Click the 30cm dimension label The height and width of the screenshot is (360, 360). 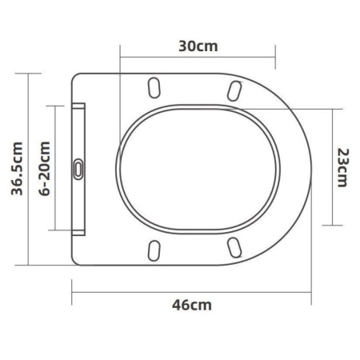pos(198,46)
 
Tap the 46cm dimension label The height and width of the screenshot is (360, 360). pos(192,305)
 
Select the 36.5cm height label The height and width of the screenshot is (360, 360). pos(17,169)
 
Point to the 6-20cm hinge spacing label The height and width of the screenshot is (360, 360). pos(45,169)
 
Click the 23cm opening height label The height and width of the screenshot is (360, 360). pos(343,168)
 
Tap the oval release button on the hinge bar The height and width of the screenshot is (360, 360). pos(78,169)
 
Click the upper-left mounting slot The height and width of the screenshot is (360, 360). pos(154,88)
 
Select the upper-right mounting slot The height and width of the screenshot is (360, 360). pos(234,91)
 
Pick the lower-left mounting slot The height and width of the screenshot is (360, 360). pos(154,250)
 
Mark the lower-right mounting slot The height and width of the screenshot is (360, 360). pos(234,248)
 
